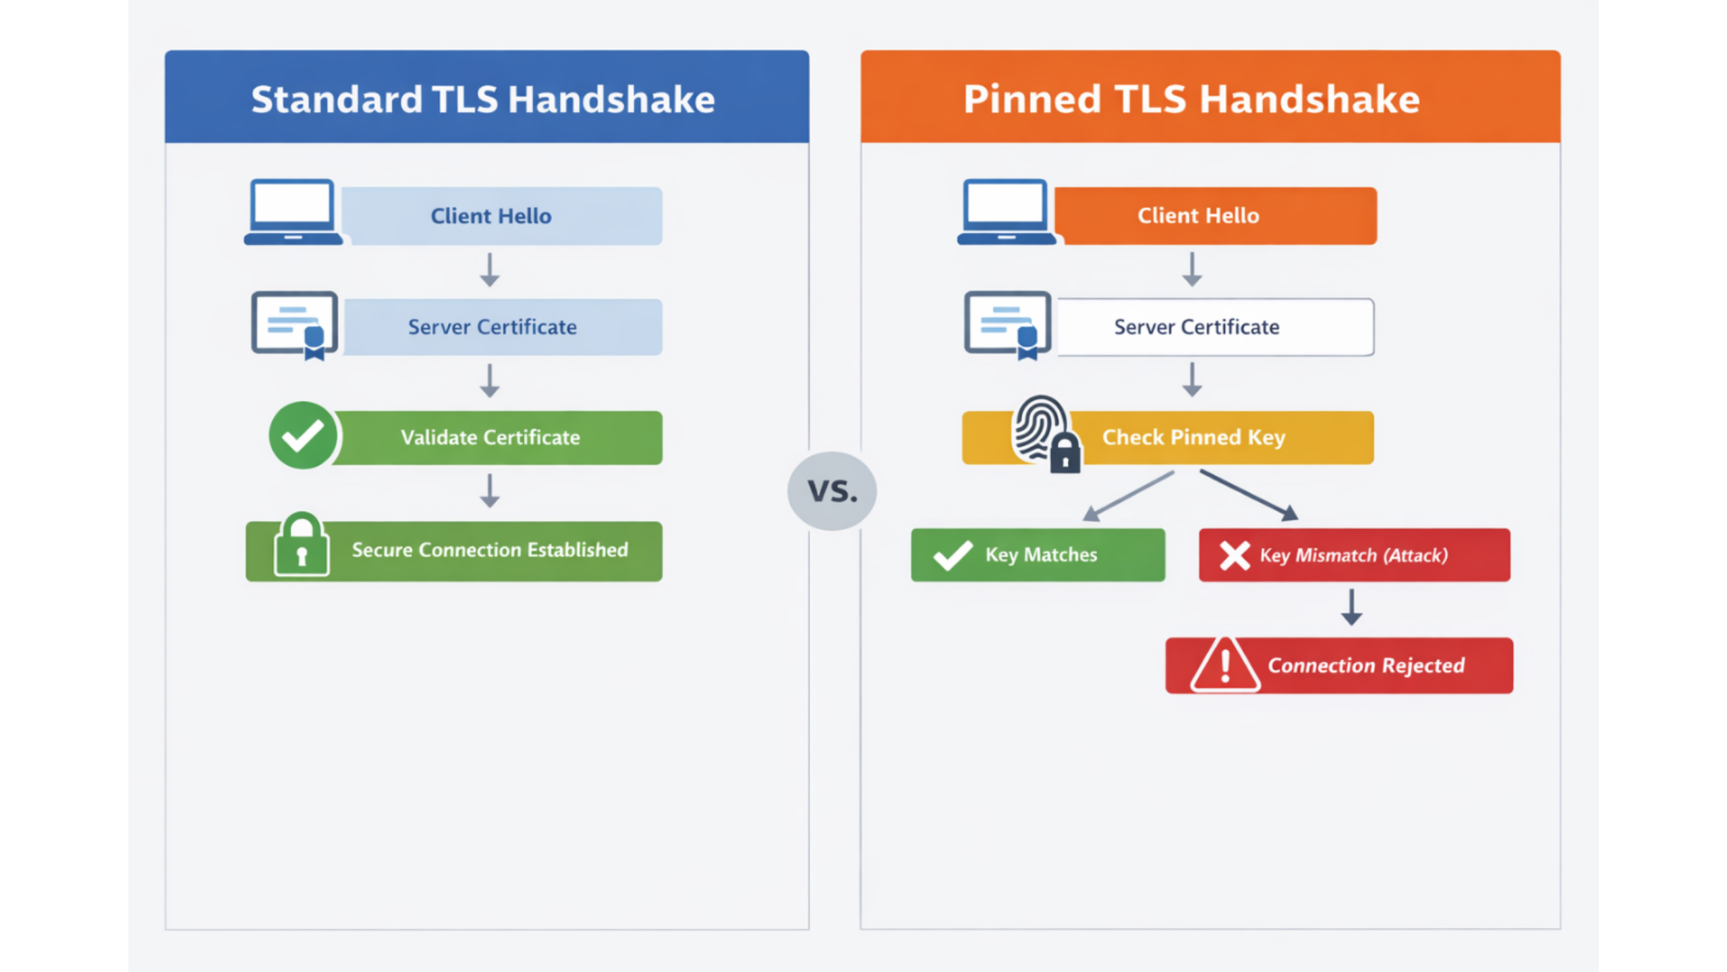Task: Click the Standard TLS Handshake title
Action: pyautogui.click(x=483, y=99)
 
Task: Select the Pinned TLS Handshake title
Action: pyautogui.click(x=1191, y=99)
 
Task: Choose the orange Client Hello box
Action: pyautogui.click(x=1214, y=216)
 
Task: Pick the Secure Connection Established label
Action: pyautogui.click(x=490, y=550)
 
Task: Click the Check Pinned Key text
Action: pyautogui.click(x=1193, y=437)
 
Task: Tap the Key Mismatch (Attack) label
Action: pyautogui.click(x=1353, y=556)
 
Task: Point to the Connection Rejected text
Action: pyautogui.click(x=1366, y=666)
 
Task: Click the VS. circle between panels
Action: pyautogui.click(x=832, y=491)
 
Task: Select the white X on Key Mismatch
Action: pyautogui.click(x=1235, y=556)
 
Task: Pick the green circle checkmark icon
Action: pyautogui.click(x=303, y=435)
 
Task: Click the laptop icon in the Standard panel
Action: pyautogui.click(x=293, y=212)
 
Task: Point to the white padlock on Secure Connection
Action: pyautogui.click(x=302, y=545)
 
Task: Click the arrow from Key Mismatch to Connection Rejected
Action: pyautogui.click(x=1351, y=607)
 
